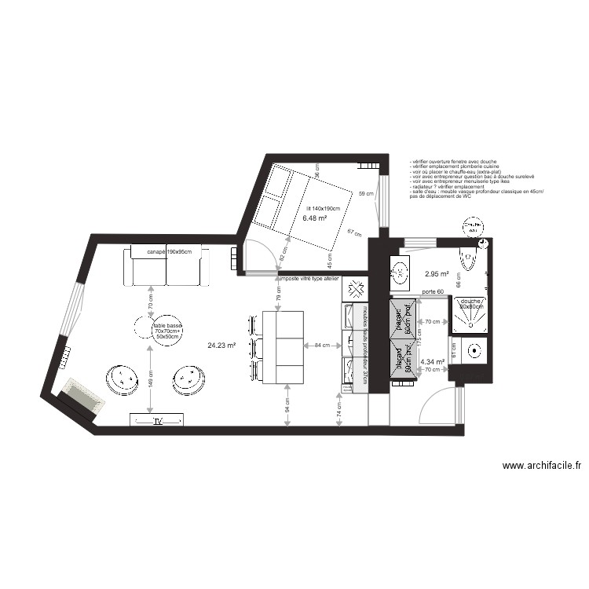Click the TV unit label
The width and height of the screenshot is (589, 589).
(x=158, y=422)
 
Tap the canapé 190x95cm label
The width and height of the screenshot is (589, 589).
(x=167, y=251)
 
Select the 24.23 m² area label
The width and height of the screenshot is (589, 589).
(x=223, y=344)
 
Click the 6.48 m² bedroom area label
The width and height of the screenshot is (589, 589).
(x=314, y=218)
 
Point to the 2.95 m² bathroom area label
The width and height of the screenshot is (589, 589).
(x=437, y=274)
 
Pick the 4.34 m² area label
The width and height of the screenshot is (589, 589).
(x=433, y=362)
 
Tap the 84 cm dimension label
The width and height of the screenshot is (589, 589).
(x=322, y=345)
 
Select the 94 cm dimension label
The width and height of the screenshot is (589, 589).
(x=288, y=404)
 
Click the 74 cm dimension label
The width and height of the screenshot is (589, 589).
(x=338, y=409)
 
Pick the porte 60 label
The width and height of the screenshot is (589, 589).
(x=433, y=293)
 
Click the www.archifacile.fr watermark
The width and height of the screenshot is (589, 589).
(x=543, y=466)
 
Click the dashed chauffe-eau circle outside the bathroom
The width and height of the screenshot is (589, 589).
(x=472, y=225)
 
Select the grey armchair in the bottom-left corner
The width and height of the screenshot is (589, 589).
(x=82, y=395)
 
